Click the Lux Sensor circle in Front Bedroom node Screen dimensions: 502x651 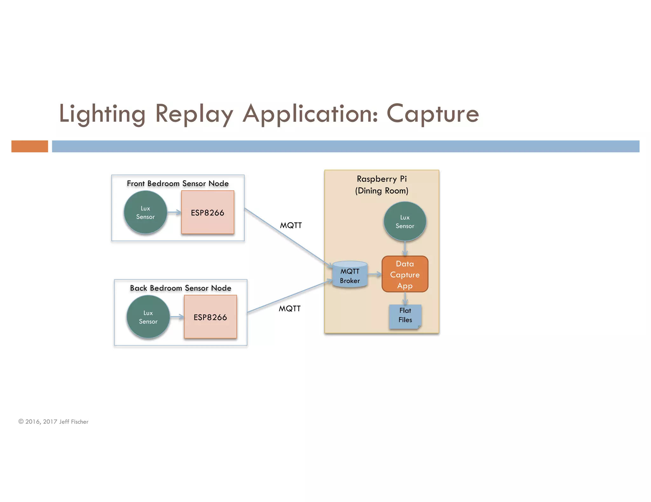(145, 212)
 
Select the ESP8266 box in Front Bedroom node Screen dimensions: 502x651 (208, 212)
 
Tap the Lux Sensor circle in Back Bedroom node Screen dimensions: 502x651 (148, 317)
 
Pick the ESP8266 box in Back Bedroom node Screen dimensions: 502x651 (210, 317)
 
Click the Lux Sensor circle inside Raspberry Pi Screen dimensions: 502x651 (405, 221)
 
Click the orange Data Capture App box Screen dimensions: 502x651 (405, 274)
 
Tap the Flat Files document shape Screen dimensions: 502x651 (405, 315)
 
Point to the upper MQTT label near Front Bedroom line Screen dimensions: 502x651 (291, 225)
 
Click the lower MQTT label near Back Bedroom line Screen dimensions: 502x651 (289, 308)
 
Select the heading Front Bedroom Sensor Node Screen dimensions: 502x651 (178, 183)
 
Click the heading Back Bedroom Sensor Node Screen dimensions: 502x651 (180, 288)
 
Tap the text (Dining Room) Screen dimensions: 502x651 (381, 191)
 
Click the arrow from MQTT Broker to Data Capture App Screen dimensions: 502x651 (375, 274)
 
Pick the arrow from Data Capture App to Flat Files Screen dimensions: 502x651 (405, 299)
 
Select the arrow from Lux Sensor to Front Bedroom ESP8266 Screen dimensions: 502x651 (174, 212)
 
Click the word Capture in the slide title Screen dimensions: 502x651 (432, 114)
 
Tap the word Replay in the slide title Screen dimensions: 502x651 (194, 114)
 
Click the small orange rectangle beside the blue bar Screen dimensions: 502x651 (30, 146)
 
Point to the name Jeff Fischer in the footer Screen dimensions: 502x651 (74, 422)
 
